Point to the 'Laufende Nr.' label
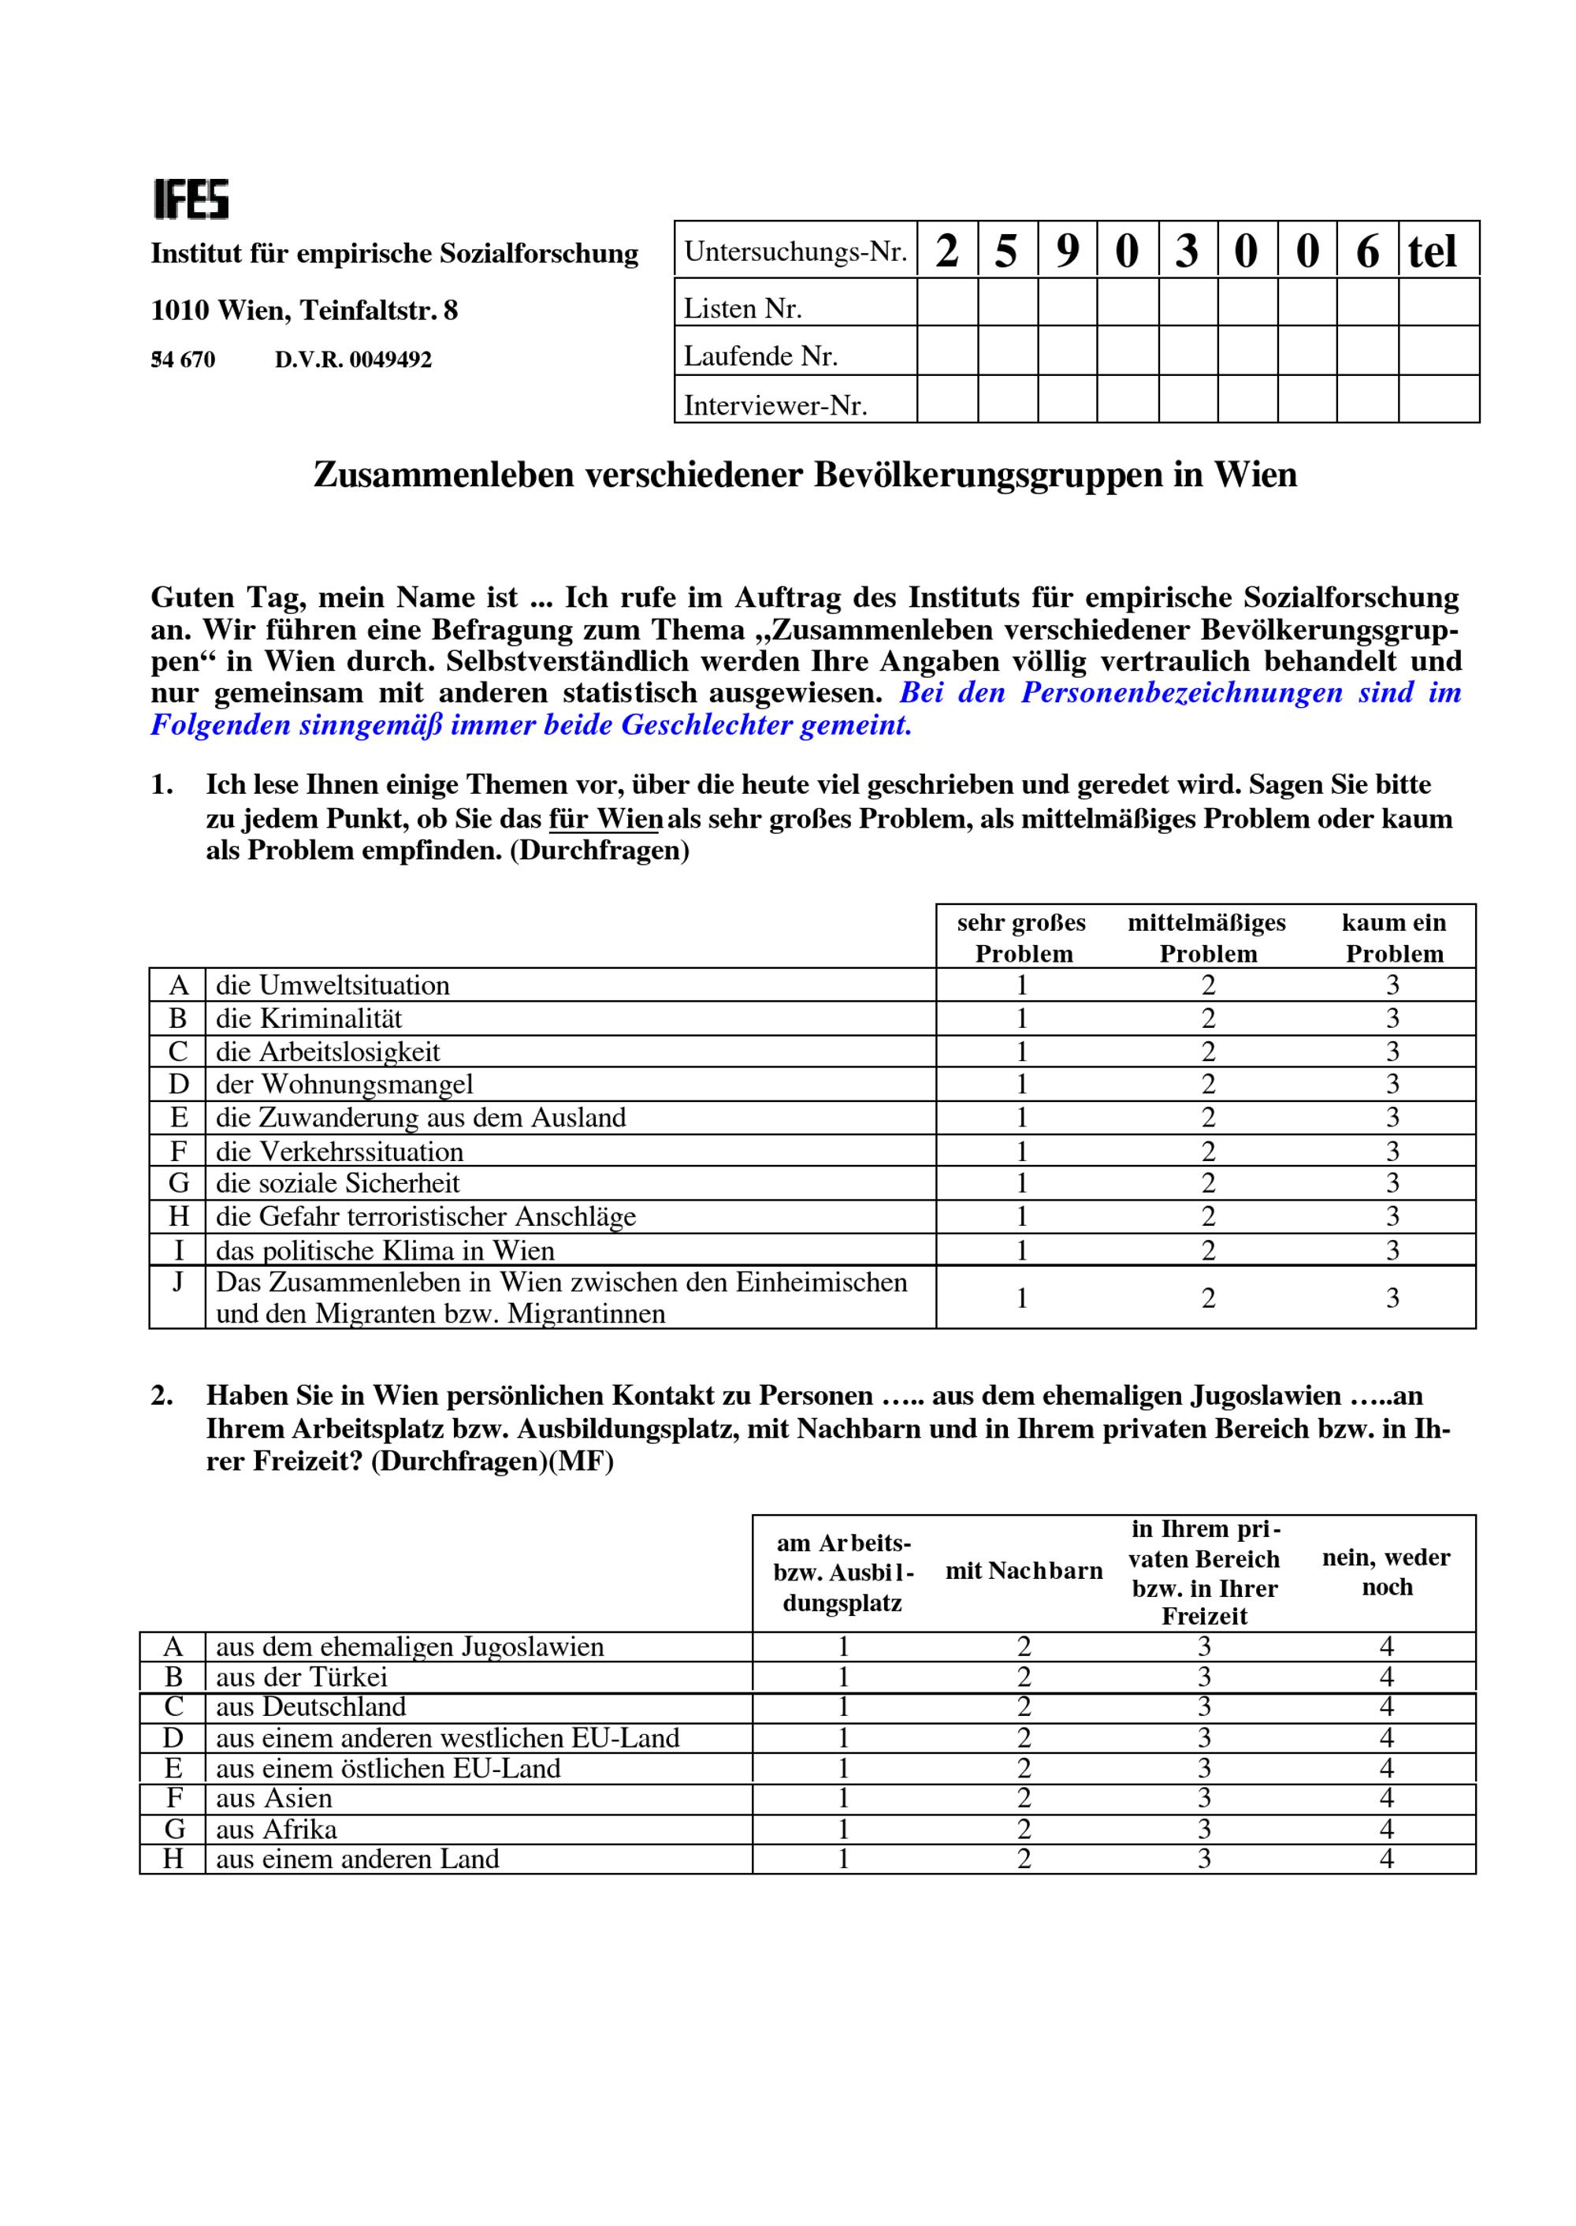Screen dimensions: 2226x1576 pos(760,356)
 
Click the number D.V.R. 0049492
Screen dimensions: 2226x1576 pos(352,360)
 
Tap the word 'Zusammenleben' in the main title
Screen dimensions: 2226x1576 pos(444,475)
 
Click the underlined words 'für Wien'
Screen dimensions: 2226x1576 pos(605,818)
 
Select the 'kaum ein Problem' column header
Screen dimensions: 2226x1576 pos(1393,938)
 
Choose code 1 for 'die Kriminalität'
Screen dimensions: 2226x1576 pos(1022,1018)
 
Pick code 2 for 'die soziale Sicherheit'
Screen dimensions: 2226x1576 pos(1208,1183)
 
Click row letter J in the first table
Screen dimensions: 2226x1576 pos(177,1282)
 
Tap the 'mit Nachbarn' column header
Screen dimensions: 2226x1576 pos(1024,1571)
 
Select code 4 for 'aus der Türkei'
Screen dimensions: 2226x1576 pos(1387,1677)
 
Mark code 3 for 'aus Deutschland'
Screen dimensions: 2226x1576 pos(1204,1707)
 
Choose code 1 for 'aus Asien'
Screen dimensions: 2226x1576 pos(843,1798)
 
